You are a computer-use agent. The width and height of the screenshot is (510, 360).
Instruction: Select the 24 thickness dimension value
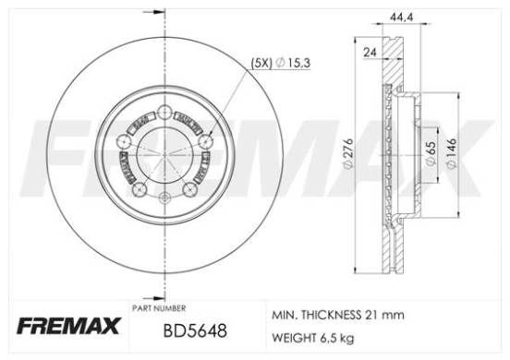370,53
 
